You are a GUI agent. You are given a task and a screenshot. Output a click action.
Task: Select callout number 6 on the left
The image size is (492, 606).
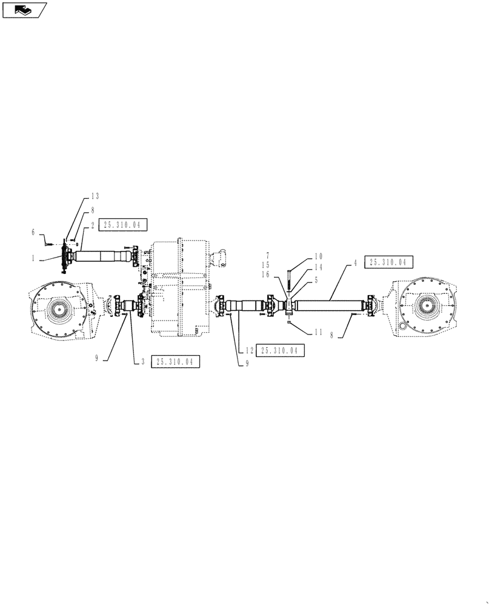[33, 232]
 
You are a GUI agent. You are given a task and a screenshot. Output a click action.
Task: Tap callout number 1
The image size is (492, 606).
[34, 258]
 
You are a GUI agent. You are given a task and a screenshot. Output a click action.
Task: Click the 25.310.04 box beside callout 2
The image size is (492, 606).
[121, 225]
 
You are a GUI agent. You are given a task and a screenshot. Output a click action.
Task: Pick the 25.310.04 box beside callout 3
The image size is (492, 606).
[175, 362]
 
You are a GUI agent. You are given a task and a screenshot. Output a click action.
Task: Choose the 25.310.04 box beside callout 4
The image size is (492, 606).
[388, 262]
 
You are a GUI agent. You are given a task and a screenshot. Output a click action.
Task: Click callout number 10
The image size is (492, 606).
[318, 256]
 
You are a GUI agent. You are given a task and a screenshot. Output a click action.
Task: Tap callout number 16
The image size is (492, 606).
[265, 275]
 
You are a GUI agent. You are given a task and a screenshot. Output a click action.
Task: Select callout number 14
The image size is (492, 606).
[318, 267]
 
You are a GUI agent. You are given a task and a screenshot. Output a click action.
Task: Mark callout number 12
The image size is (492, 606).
[249, 350]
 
